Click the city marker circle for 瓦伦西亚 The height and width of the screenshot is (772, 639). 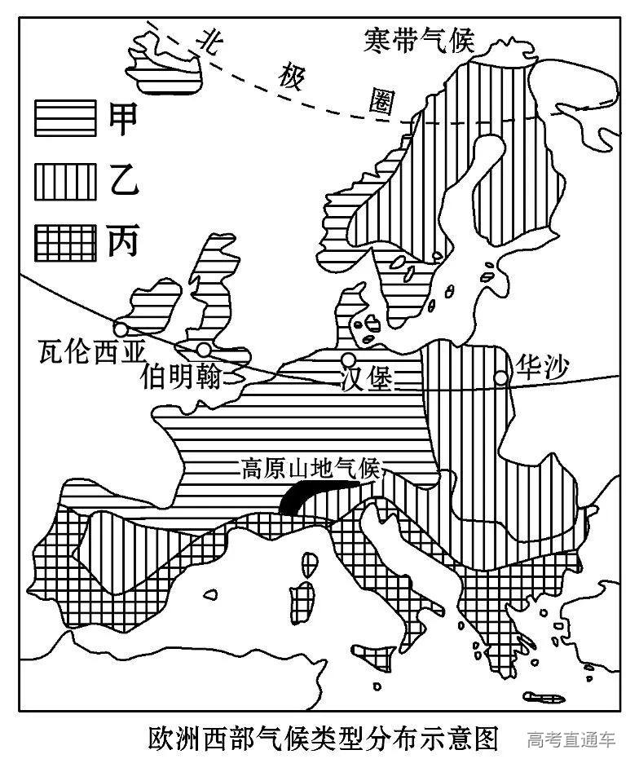pos(121,329)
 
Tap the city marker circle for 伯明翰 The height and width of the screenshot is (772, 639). pos(204,349)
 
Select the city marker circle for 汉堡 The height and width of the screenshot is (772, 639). pos(348,360)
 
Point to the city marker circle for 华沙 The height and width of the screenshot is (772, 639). pos(500,377)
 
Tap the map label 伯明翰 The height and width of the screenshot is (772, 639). pos(180,377)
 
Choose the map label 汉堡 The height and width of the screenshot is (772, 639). pos(366,382)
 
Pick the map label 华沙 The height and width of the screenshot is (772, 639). pos(539,368)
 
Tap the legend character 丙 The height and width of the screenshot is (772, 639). pos(121,241)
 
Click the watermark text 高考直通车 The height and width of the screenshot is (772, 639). pos(571,741)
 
